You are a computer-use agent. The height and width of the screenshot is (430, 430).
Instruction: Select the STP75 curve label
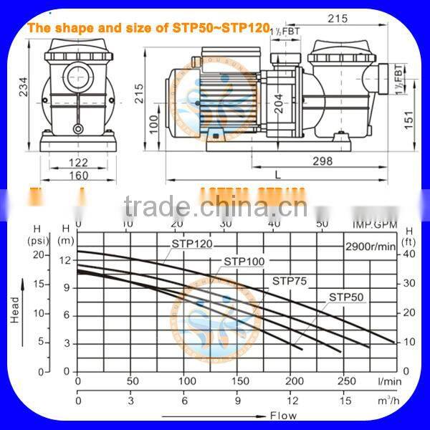[x=289, y=282]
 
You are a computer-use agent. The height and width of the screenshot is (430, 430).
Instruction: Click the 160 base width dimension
[x=79, y=176]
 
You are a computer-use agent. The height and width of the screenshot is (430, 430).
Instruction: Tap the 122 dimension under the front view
[x=78, y=163]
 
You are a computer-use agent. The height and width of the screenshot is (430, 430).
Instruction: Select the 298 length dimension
[x=322, y=162]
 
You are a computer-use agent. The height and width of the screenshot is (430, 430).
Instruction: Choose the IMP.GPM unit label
[x=371, y=224]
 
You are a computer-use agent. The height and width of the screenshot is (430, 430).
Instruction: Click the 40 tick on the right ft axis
[x=408, y=253]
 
